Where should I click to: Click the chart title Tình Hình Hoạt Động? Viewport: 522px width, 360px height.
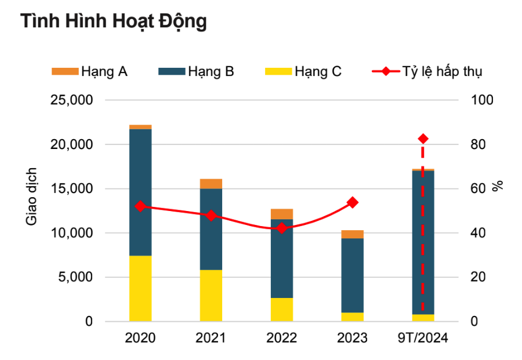[114, 21]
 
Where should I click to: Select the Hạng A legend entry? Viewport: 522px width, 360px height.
[90, 72]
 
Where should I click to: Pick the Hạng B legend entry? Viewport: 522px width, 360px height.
[196, 72]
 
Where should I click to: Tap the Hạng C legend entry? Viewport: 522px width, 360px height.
[303, 72]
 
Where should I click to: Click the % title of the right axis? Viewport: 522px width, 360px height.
[498, 186]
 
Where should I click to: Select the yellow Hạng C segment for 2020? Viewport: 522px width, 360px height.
[140, 288]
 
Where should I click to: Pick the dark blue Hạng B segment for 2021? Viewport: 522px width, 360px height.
[211, 229]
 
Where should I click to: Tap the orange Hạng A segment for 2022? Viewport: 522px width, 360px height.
[282, 214]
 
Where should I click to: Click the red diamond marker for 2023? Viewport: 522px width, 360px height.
[352, 202]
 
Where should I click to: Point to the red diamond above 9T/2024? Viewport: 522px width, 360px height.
[423, 139]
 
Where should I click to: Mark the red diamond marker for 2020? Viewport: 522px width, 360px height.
[140, 206]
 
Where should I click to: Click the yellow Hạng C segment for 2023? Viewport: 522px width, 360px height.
[352, 317]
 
